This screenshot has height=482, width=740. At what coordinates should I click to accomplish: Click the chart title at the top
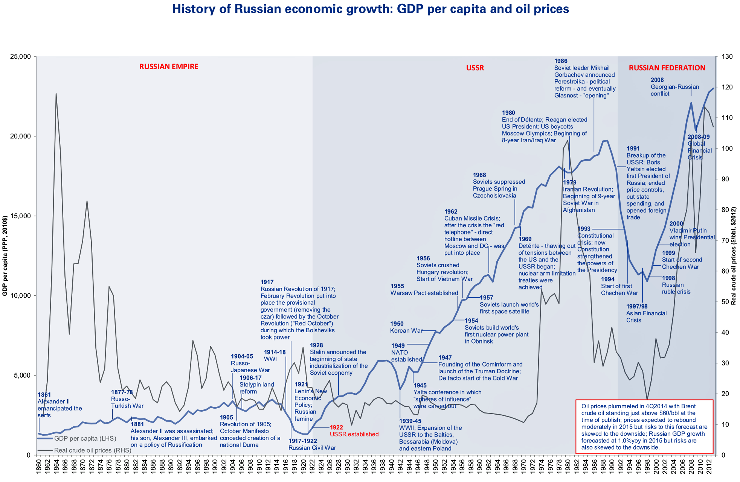pyautogui.click(x=370, y=9)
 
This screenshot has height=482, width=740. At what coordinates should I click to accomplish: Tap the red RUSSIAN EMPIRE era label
pyautogui.click(x=168, y=67)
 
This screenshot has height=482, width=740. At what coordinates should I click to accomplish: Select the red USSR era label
pyautogui.click(x=475, y=68)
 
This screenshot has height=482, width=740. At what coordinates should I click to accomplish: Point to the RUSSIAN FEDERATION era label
pyautogui.click(x=667, y=68)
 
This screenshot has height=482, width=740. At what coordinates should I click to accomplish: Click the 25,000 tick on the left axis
pyautogui.click(x=20, y=57)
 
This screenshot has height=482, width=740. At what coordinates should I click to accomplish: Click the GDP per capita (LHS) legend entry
pyautogui.click(x=85, y=439)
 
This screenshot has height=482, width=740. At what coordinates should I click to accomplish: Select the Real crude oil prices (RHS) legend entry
pyautogui.click(x=92, y=450)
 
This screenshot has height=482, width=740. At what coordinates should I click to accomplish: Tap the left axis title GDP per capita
pyautogui.click(x=5, y=256)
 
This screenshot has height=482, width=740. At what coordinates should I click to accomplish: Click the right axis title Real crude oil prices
pyautogui.click(x=733, y=256)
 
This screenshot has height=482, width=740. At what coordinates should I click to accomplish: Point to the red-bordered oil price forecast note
pyautogui.click(x=644, y=427)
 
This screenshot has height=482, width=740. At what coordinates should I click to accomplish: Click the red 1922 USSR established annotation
pyautogui.click(x=354, y=431)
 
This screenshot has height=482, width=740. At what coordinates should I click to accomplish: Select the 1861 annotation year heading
pyautogui.click(x=44, y=395)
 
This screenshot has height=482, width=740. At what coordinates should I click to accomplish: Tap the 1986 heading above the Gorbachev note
pyautogui.click(x=561, y=61)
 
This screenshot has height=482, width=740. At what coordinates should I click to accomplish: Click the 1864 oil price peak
pyautogui.click(x=56, y=94)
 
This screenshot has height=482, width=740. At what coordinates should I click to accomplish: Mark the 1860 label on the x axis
pyautogui.click(x=39, y=468)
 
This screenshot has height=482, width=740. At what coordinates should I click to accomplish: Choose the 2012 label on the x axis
pyautogui.click(x=709, y=468)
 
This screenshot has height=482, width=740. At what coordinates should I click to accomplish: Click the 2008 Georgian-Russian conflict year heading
pyautogui.click(x=657, y=80)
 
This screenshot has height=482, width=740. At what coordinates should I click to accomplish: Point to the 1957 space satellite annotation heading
pyautogui.click(x=486, y=298)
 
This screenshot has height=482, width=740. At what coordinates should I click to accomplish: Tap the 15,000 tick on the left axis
pyautogui.click(x=20, y=216)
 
